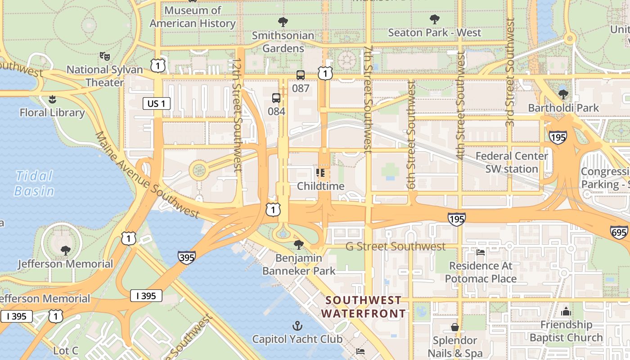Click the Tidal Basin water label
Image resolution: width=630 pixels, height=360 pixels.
pos(34,183)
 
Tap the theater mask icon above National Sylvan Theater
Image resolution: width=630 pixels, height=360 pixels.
pos(105,56)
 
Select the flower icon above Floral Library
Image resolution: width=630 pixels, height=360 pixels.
pos(52,99)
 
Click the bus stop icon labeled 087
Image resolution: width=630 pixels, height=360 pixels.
pos(300,75)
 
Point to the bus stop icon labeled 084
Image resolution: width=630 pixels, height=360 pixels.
pos(276,98)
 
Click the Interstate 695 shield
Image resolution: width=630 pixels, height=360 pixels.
pos(619,232)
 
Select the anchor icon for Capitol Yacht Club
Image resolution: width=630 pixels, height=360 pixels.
pos(297,325)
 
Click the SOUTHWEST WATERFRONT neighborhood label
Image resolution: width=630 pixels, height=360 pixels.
pos(364,306)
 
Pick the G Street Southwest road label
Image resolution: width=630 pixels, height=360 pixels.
pos(396,246)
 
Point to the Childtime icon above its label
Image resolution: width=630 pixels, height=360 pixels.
pos(320,173)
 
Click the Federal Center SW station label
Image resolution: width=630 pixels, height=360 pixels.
pos(512,162)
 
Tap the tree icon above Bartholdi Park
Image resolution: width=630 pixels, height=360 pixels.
pos(563,94)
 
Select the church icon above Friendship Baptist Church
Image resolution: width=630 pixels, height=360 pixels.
pos(566,311)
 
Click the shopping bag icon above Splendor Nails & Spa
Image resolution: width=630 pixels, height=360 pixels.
pos(455,327)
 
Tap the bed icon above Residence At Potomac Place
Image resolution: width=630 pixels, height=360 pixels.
pos(481,252)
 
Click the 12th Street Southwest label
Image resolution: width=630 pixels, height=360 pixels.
pos(237,115)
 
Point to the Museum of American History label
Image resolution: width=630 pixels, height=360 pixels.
pos(193,17)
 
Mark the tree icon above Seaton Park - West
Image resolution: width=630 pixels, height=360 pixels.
pos(434,19)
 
